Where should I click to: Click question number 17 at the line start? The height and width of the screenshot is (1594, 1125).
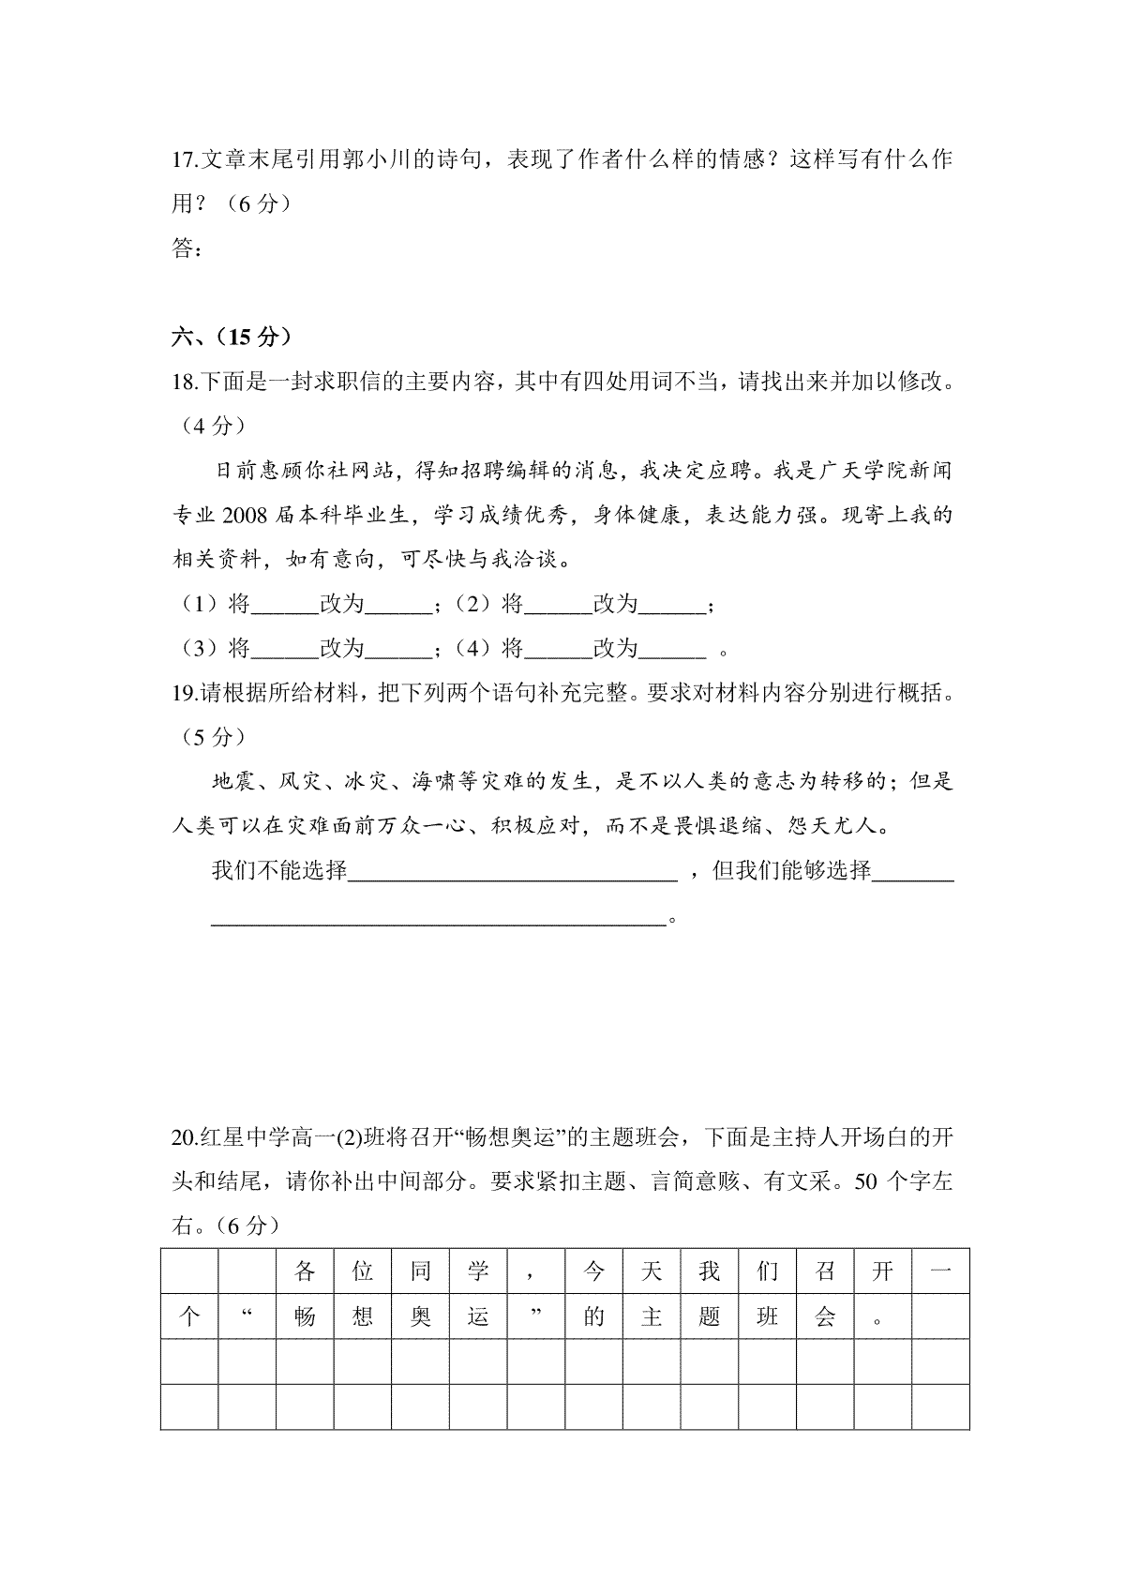tap(184, 159)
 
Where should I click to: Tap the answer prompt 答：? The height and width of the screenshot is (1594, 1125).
tap(187, 248)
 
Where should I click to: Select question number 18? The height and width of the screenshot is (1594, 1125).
tap(184, 383)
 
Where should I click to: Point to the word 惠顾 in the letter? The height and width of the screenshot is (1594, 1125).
tap(280, 471)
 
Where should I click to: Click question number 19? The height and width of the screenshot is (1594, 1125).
tap(184, 694)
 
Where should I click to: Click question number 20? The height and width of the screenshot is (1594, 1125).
tap(184, 1138)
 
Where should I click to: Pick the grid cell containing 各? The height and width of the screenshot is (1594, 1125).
tap(305, 1271)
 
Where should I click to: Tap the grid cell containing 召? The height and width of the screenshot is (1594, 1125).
tap(825, 1271)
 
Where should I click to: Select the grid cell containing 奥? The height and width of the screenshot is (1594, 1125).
tap(420, 1316)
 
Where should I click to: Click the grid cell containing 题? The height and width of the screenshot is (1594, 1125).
tap(710, 1316)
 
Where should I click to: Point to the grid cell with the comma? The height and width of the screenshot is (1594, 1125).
tap(535, 1271)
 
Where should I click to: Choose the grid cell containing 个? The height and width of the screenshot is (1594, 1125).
tap(189, 1316)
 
